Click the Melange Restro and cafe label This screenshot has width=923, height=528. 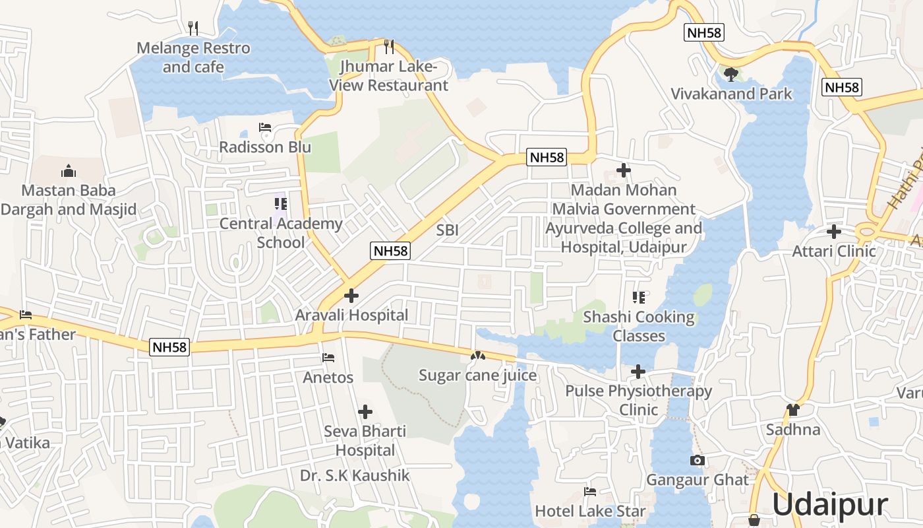click(193, 57)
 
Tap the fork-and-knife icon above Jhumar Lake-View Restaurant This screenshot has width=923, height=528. click(389, 47)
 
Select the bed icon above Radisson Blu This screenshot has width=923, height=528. click(265, 127)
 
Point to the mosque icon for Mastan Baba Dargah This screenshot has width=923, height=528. click(69, 172)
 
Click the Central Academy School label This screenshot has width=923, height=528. click(281, 233)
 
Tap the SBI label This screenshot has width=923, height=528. click(447, 230)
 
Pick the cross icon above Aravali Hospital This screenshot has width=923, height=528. click(352, 296)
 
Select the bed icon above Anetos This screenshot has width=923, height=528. click(328, 358)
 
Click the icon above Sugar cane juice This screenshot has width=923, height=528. click(477, 356)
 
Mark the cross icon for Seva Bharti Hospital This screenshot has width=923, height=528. click(365, 412)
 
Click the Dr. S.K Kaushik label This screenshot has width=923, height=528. click(355, 475)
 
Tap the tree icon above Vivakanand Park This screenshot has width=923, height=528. click(730, 74)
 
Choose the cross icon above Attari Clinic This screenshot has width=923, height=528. click(834, 232)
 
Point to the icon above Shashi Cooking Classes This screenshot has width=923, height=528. click(638, 298)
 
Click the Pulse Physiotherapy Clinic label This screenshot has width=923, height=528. click(638, 400)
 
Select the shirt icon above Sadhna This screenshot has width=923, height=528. click(793, 410)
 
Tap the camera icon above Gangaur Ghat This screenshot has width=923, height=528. click(698, 460)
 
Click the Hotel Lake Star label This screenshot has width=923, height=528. click(590, 511)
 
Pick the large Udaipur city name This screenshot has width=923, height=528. click(829, 505)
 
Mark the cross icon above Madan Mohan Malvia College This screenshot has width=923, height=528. click(623, 171)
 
